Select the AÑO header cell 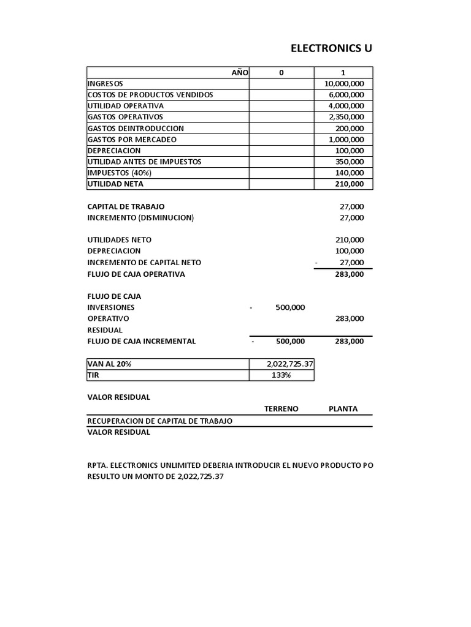(239, 72)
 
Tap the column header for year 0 (281, 72)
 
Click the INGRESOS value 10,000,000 (344, 83)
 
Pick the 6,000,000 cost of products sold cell (347, 94)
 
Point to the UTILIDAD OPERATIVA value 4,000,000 (347, 106)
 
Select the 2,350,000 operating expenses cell (347, 117)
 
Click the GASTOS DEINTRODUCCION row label (136, 129)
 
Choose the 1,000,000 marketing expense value (347, 140)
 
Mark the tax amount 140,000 (350, 173)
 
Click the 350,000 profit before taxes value (350, 162)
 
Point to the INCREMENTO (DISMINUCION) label (140, 217)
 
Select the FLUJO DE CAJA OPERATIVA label (136, 274)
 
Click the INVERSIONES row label (111, 307)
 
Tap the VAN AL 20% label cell (110, 364)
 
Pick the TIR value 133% (281, 375)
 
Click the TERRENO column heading (281, 409)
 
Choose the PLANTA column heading (343, 409)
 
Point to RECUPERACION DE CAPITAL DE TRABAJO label (159, 421)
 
